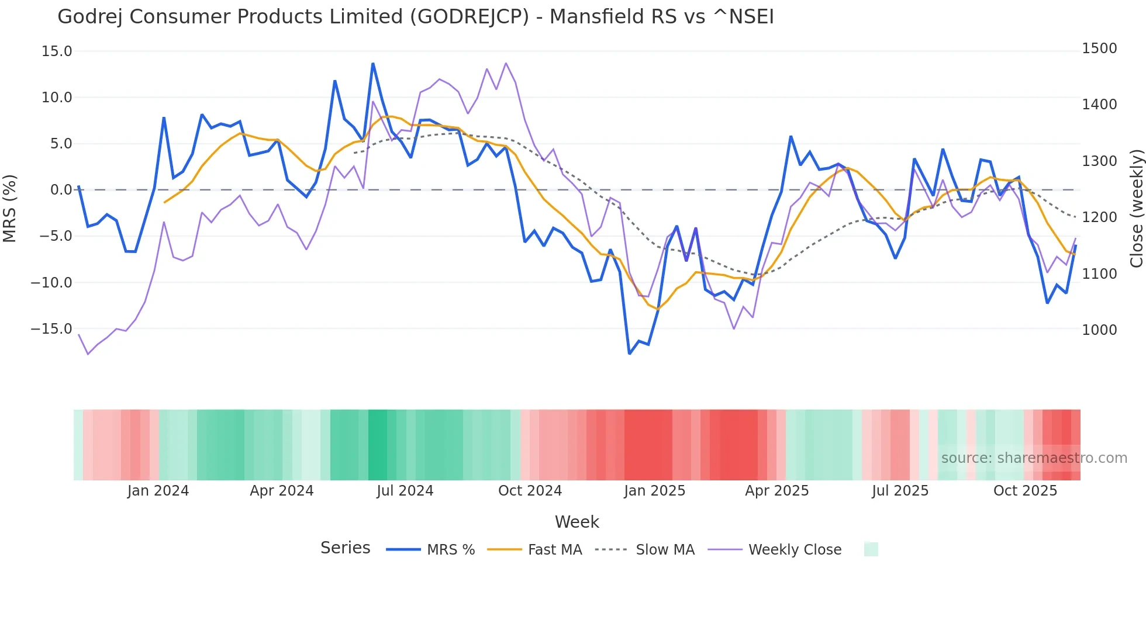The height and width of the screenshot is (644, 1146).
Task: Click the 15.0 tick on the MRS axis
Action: (57, 51)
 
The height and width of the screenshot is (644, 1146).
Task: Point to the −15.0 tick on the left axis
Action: (51, 329)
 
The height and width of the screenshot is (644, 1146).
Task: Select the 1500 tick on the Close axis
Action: (1099, 49)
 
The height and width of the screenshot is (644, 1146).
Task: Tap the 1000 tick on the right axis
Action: (1099, 330)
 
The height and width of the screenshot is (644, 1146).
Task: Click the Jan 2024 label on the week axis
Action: (158, 491)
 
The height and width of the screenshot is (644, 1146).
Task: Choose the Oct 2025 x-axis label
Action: (1025, 491)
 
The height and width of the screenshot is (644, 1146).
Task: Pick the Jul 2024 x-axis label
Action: (405, 491)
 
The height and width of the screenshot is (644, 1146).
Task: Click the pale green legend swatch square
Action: (871, 549)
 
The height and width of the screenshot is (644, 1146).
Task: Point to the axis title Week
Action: (577, 522)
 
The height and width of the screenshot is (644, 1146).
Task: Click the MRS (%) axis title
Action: (10, 208)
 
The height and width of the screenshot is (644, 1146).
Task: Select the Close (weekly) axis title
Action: (1136, 208)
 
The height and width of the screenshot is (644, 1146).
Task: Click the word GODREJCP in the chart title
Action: (470, 17)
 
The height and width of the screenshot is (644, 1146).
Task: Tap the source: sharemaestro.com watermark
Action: (1034, 458)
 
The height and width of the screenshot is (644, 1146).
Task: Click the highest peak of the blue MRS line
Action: (373, 64)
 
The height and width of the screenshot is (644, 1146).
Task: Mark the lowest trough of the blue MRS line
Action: (630, 354)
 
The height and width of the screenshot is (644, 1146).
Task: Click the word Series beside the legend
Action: (345, 548)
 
